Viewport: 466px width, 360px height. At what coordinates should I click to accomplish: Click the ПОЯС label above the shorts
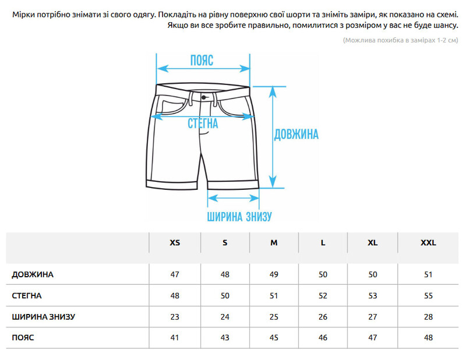click(202, 61)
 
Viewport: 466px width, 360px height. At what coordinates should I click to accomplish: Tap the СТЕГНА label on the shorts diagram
click(203, 123)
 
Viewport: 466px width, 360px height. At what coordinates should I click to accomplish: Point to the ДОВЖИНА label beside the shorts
click(296, 135)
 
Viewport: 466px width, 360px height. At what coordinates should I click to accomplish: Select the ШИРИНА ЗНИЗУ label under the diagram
click(239, 217)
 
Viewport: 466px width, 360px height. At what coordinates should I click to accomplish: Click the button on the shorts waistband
click(203, 97)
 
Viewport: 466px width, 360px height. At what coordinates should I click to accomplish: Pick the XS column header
click(175, 243)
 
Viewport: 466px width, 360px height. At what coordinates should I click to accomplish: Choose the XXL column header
click(428, 243)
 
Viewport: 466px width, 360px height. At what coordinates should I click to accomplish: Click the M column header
click(274, 243)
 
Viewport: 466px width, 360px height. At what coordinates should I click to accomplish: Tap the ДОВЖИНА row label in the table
click(33, 274)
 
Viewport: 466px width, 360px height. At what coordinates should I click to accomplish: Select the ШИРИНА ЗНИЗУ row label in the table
click(43, 317)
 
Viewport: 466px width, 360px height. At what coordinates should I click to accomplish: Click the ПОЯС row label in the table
click(23, 338)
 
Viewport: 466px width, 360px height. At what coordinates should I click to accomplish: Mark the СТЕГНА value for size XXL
click(428, 296)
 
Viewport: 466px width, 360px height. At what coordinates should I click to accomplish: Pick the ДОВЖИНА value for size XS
click(175, 274)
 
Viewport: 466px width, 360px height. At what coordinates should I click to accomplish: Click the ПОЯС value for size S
click(225, 338)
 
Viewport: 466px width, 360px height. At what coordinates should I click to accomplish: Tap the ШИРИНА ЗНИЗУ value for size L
click(323, 317)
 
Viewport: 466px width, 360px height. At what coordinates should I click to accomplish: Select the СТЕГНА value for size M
click(274, 296)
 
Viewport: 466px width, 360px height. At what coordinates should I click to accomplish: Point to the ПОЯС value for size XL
click(373, 338)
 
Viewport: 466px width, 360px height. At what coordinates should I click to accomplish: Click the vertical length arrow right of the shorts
click(273, 137)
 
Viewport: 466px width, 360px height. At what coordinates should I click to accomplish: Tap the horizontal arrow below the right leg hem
click(234, 198)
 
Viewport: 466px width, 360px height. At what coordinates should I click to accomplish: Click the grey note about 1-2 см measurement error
click(401, 40)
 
